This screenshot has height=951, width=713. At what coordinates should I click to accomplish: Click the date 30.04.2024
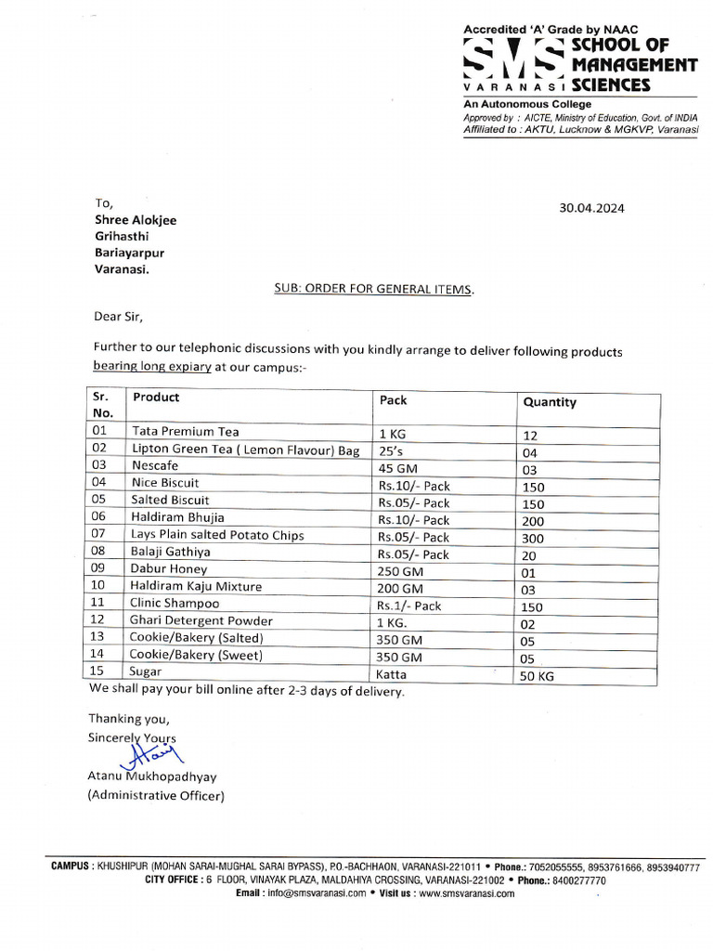click(591, 208)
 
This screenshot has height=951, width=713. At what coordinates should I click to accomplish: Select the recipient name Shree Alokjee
click(135, 220)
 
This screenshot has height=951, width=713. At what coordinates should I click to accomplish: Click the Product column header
click(156, 397)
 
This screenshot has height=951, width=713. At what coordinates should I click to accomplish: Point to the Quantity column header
click(550, 402)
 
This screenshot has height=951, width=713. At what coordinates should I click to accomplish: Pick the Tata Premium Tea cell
click(186, 432)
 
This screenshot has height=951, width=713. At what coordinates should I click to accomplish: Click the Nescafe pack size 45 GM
click(400, 468)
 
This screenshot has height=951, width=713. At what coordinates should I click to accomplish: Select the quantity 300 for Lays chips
click(533, 539)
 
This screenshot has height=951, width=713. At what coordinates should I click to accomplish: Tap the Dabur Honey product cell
click(170, 569)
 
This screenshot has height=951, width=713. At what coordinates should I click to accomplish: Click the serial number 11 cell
click(101, 604)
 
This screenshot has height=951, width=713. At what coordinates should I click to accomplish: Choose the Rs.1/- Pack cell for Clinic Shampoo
click(409, 606)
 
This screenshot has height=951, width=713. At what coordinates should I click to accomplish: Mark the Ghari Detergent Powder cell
click(202, 620)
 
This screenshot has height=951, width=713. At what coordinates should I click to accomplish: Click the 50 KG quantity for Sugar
click(537, 676)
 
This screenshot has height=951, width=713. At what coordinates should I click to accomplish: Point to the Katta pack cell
click(392, 674)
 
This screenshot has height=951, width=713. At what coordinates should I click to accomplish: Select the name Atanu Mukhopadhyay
click(151, 776)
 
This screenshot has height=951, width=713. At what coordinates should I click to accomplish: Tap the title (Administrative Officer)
click(156, 795)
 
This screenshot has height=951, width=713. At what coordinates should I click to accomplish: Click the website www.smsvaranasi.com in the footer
click(466, 893)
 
